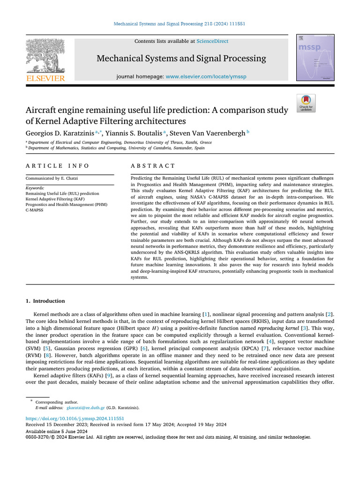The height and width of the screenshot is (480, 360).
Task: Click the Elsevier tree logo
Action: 45,57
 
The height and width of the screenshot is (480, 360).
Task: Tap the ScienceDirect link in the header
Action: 212,41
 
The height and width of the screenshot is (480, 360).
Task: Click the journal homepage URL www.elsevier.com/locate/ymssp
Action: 206,76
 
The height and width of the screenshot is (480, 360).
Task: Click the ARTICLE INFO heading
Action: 57,166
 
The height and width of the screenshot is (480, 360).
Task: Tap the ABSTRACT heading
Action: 153,166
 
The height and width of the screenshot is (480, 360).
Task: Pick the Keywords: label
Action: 36,187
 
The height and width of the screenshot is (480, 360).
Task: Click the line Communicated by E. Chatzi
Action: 52,178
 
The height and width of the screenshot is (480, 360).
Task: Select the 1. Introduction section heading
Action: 45,301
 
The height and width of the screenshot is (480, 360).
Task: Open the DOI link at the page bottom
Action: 74,418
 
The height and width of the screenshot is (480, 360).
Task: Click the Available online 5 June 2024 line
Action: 57,431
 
